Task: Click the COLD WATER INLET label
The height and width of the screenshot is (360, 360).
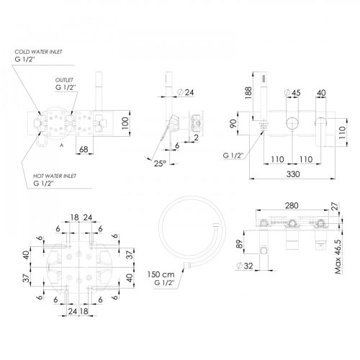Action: click(x=38, y=52)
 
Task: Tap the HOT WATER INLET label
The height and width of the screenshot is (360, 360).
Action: click(x=55, y=176)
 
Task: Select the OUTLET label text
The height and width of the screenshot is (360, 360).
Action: click(x=64, y=80)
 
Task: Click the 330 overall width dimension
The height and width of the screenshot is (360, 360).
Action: click(x=293, y=174)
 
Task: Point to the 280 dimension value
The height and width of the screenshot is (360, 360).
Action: click(x=292, y=206)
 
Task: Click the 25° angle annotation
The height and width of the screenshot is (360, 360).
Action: click(x=160, y=163)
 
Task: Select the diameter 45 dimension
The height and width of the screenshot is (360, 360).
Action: click(x=292, y=93)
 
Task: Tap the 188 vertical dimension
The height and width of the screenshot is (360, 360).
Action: click(x=248, y=93)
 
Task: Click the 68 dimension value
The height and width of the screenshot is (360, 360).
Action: click(x=84, y=150)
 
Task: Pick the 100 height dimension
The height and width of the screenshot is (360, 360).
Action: click(x=125, y=123)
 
